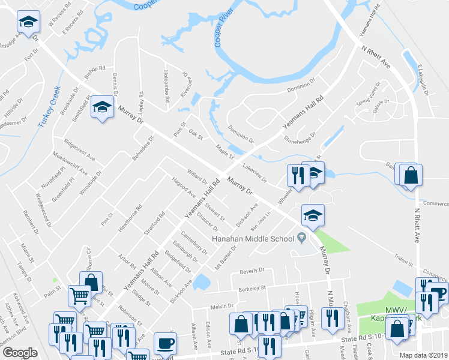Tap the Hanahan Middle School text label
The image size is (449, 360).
point(252,239)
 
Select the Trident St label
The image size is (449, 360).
point(399,258)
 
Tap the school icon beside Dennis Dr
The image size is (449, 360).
point(103,108)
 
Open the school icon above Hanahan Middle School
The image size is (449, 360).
point(312,215)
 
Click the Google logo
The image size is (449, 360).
point(20,353)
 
